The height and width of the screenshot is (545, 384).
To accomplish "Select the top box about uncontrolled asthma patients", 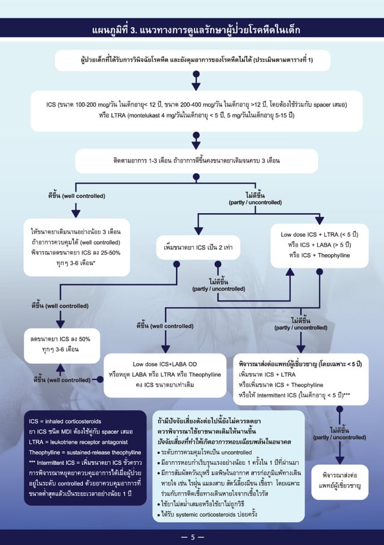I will point(192,60).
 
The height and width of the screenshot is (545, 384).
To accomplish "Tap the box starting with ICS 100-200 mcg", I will point(196,111).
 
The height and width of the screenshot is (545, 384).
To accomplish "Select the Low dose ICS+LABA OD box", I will point(165,375).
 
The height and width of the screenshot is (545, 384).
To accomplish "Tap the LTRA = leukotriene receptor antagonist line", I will point(70,441).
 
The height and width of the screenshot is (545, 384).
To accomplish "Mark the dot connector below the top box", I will point(196,76).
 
